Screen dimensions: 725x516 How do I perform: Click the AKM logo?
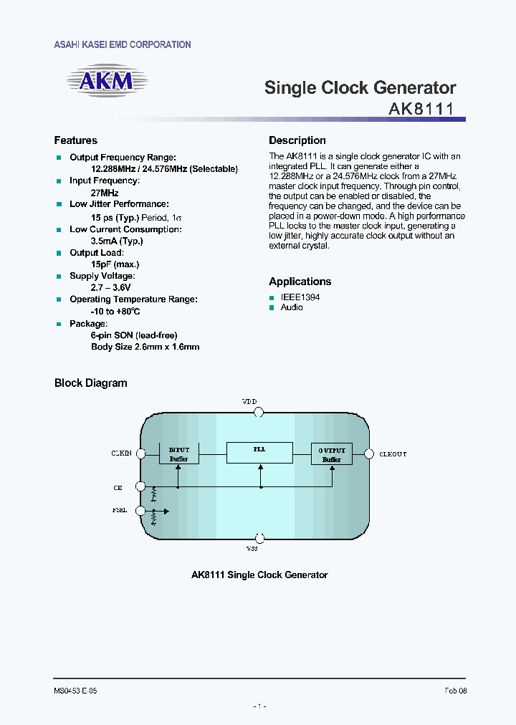coord(105,81)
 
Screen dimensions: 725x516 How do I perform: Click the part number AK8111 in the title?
coord(421,110)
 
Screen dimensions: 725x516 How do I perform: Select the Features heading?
coord(76,140)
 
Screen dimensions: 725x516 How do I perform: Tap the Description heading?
coord(297,140)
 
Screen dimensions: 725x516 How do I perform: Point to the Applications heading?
coord(300,282)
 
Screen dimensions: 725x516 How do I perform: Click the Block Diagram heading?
coord(91,383)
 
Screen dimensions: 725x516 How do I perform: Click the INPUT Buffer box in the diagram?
coord(178,453)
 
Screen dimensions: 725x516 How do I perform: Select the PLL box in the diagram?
coord(259,452)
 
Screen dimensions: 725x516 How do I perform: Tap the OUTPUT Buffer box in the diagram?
coord(331,453)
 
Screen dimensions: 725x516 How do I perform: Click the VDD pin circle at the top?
coord(259,412)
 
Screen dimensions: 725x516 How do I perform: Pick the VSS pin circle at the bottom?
coord(259,538)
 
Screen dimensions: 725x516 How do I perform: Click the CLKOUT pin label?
coord(393,454)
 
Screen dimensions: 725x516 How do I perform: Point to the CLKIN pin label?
coord(121,453)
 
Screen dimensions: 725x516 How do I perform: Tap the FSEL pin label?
coord(120,511)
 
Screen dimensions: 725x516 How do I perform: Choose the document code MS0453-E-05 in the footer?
coord(75,691)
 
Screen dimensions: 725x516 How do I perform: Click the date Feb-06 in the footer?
coord(455,691)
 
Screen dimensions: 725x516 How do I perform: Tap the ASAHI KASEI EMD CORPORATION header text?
coord(123,44)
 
